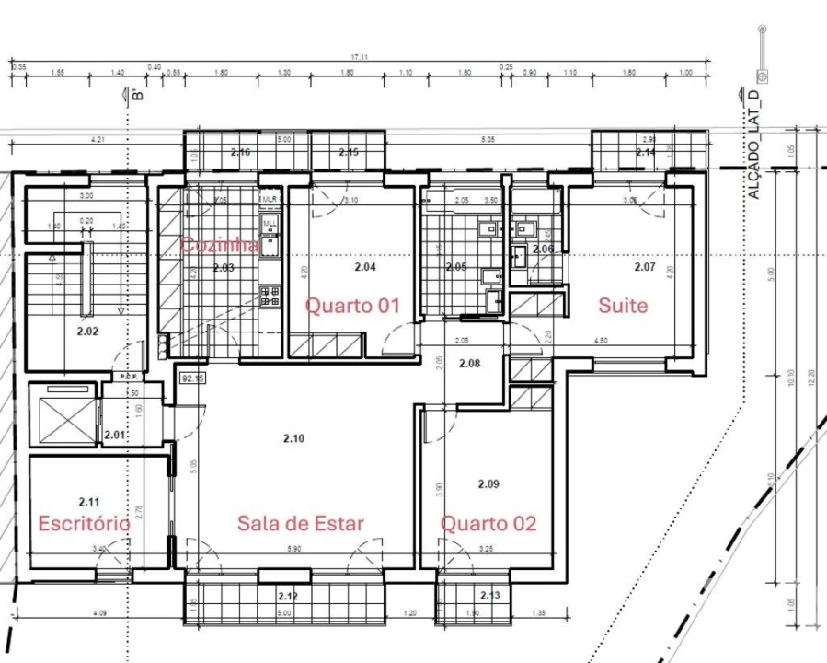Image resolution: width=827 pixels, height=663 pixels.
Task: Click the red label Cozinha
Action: pos(218,245)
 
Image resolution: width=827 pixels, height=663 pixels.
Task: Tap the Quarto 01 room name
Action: pos(352,305)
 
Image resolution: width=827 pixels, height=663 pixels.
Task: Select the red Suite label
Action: pos(623,305)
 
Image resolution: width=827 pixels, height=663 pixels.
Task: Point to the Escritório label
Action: pos(84,523)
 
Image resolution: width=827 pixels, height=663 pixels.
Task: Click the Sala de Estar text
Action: pos(300,523)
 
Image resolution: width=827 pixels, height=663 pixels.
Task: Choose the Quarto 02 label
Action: pos(488,524)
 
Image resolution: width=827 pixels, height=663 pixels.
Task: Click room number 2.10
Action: pos(293,438)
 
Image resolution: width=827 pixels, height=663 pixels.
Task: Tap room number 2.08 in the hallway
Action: pos(469,364)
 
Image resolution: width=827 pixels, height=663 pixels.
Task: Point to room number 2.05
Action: pos(456,267)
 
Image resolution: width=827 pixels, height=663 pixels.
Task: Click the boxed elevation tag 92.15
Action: pos(192,378)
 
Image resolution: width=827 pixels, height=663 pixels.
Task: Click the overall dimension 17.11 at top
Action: pos(359,57)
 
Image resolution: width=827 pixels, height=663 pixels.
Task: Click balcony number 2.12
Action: pos(289,596)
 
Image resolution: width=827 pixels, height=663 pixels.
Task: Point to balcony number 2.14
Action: pos(646,152)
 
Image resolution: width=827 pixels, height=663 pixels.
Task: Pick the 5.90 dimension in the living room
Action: pos(293,550)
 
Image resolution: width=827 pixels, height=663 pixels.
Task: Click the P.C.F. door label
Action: pos(128,377)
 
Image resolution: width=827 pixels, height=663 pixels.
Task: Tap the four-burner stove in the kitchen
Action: pos(270,296)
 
